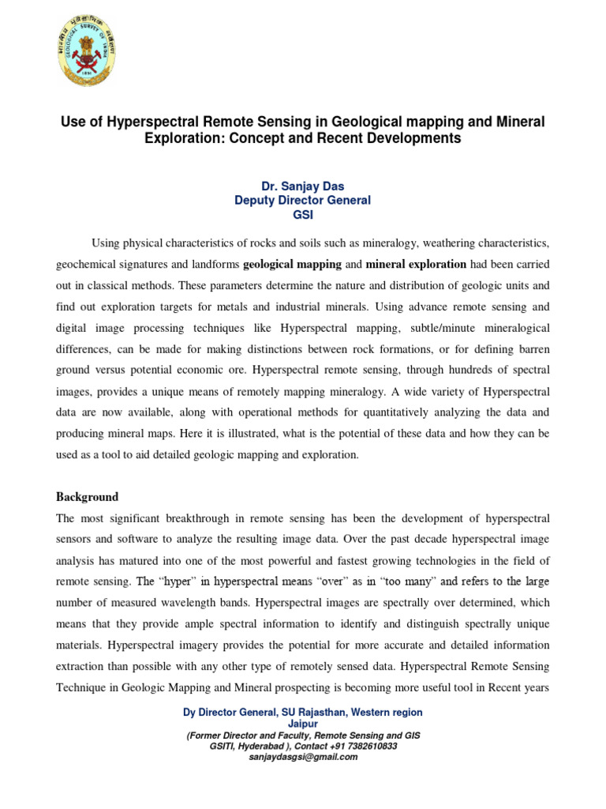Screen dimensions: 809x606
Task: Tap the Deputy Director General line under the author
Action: click(302, 201)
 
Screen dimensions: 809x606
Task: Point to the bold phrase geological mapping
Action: click(292, 264)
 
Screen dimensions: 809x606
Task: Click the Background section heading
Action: click(87, 497)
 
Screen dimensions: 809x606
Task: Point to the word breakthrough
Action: click(205, 518)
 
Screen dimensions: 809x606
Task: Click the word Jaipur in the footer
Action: click(302, 723)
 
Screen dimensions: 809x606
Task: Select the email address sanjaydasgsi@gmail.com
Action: click(302, 756)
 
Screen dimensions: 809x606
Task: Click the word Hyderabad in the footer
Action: click(263, 745)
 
